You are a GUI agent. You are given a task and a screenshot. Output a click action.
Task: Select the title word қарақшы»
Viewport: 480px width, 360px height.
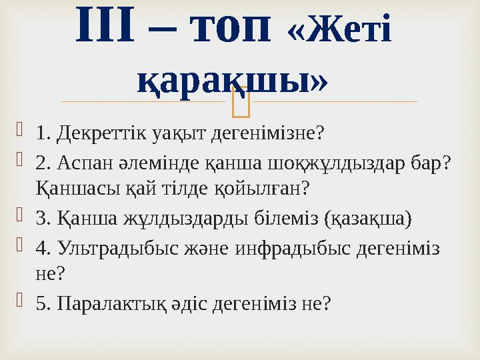pos(232,79)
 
